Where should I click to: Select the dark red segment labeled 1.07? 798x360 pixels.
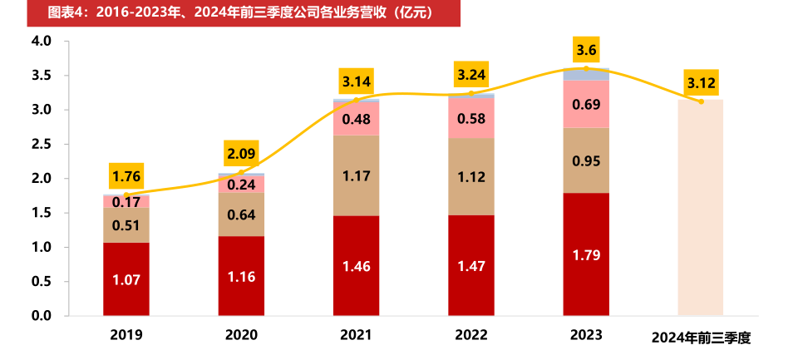pos(126,279)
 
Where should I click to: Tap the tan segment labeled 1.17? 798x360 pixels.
pos(357,175)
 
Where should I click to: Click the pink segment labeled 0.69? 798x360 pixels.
pos(586,105)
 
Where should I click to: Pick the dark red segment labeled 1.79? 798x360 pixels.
pos(586,254)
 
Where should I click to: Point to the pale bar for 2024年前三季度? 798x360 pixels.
pos(701,208)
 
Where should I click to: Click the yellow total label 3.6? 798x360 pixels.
pos(586,49)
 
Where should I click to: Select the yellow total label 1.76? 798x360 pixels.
pos(126,176)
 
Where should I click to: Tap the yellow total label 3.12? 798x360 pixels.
pos(701,83)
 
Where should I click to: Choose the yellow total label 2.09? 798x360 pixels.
pos(241,154)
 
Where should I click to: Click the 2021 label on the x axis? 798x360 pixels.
pos(357,336)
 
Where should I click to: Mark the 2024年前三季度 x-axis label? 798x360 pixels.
pos(701,338)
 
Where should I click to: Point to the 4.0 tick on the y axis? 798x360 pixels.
pos(41,41)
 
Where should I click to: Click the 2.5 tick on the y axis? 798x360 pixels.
pos(41,144)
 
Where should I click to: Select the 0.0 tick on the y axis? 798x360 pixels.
pos(41,316)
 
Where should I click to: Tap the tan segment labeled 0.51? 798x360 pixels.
pos(126,225)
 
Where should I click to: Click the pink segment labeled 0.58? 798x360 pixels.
pos(471,118)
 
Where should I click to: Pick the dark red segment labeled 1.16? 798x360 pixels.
pos(241,276)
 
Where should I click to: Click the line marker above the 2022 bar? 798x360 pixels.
pos(471,93)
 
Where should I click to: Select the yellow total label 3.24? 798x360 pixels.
pos(471,74)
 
